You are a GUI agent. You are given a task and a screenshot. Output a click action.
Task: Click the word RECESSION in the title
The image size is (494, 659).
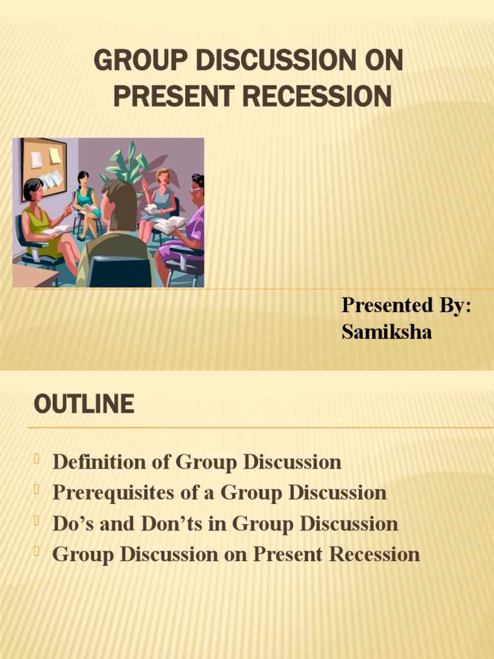(x=317, y=97)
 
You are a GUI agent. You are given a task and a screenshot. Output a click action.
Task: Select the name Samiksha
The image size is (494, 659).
(x=387, y=331)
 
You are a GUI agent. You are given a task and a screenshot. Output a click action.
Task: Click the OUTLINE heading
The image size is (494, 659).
(x=84, y=404)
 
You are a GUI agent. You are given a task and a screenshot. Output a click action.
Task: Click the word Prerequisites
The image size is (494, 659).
(x=113, y=492)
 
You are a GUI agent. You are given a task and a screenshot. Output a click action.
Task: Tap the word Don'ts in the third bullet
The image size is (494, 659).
(x=171, y=523)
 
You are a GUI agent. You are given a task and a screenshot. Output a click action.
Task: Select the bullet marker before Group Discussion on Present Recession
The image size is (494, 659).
(x=37, y=551)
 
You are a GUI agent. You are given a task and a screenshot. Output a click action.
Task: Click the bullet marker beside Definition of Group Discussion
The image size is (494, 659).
(x=37, y=458)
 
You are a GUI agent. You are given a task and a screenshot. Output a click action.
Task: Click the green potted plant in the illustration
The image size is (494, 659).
(x=127, y=165)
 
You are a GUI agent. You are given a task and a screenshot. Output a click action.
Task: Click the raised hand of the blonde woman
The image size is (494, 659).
(x=145, y=183)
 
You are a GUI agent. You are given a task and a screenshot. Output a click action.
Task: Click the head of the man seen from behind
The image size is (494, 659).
(x=119, y=205)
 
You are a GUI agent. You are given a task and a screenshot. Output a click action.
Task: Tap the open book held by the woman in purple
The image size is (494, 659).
(x=169, y=224)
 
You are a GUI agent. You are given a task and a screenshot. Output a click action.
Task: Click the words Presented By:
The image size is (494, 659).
(x=407, y=304)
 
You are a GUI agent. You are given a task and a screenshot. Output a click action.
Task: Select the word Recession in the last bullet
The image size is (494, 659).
(x=374, y=554)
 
